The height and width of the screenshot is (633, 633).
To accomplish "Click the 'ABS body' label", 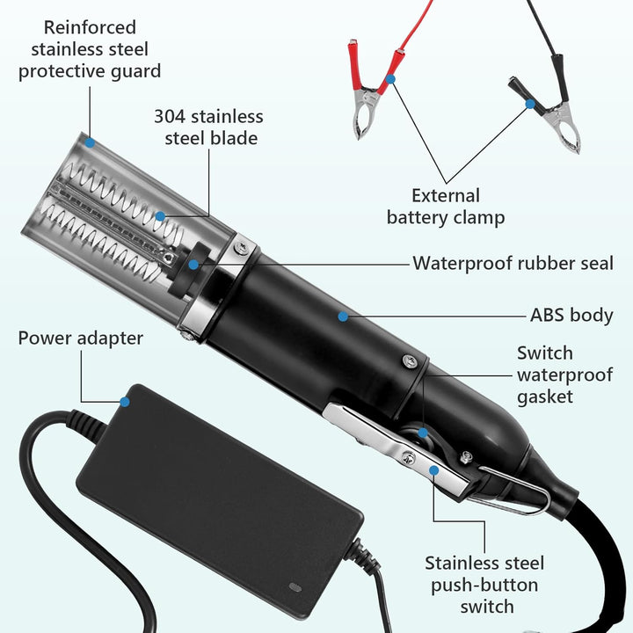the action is [x=571, y=316].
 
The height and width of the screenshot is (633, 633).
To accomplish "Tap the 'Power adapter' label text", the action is [x=81, y=338].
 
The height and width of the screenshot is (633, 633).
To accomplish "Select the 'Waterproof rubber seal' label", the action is [x=513, y=263].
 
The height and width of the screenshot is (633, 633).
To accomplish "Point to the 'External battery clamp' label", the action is [x=446, y=207].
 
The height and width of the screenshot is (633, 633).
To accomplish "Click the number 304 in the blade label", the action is [x=170, y=117].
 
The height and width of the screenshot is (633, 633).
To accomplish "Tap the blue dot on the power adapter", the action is [x=125, y=402].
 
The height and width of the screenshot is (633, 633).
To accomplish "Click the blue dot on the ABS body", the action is [x=343, y=316].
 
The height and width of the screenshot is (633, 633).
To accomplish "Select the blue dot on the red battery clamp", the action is [x=390, y=79].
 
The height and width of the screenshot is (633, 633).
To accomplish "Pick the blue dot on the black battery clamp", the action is [x=530, y=104].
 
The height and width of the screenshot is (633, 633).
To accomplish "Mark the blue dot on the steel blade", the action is [x=160, y=216].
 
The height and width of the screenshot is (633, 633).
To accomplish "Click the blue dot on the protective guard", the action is [x=90, y=142].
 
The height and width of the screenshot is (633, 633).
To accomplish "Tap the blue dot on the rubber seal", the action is [x=193, y=265].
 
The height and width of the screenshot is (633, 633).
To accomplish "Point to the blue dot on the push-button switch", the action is [x=434, y=470].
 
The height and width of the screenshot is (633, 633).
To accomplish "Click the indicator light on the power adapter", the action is [x=295, y=587].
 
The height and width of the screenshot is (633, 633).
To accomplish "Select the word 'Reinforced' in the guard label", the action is [x=90, y=28].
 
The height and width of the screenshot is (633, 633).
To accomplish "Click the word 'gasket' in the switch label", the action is [x=545, y=397].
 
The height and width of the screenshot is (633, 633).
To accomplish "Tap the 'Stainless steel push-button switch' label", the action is [x=484, y=585].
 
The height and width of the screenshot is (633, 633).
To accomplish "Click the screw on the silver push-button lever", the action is [x=409, y=458].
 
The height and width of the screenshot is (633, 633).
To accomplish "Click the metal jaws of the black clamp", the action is [x=563, y=127].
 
